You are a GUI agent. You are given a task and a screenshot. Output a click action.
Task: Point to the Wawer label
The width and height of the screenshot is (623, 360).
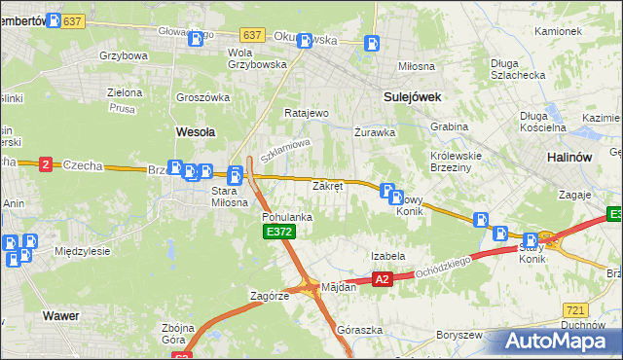coord(60,316)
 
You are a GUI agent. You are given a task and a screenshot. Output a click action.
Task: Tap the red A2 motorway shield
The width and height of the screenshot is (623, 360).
coord(382,279)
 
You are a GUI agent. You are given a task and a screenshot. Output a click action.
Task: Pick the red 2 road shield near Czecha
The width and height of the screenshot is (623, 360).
coord(46,164)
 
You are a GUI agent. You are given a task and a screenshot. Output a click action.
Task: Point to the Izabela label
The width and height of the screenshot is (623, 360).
coord(387,256)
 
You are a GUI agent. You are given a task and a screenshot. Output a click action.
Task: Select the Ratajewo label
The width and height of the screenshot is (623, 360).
coord(307,113)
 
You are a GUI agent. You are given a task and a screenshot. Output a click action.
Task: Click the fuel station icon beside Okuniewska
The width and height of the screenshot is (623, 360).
coord(371,43)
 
